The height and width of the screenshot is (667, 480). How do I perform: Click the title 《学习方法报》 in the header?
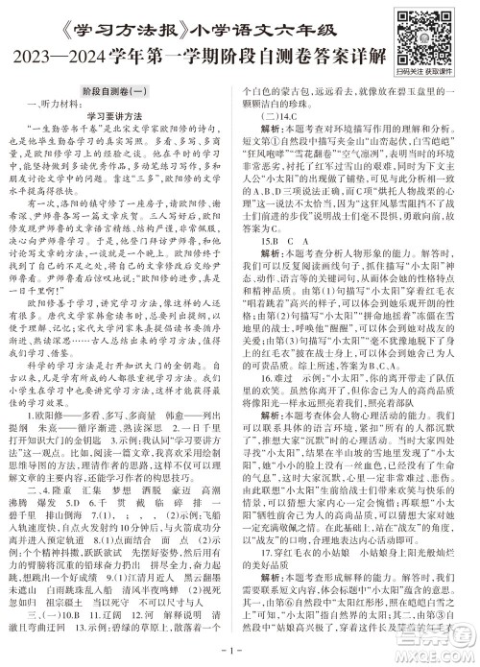click(x=90, y=18)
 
